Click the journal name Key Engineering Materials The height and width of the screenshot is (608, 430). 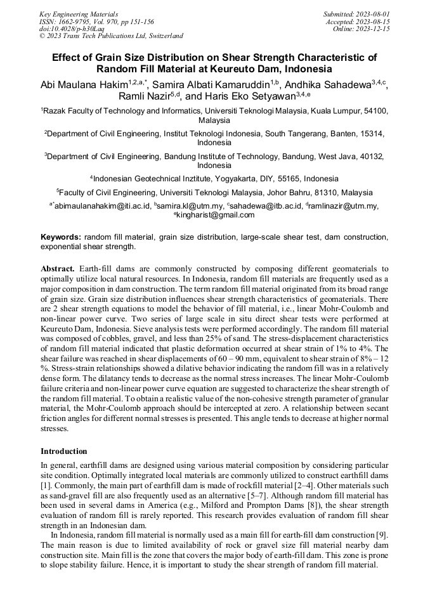[x=79, y=13]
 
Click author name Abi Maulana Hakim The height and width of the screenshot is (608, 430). [x=84, y=84]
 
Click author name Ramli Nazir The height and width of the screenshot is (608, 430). [x=143, y=97]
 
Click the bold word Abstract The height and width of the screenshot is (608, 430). [x=58, y=269]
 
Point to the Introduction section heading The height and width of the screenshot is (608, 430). [x=64, y=451]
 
